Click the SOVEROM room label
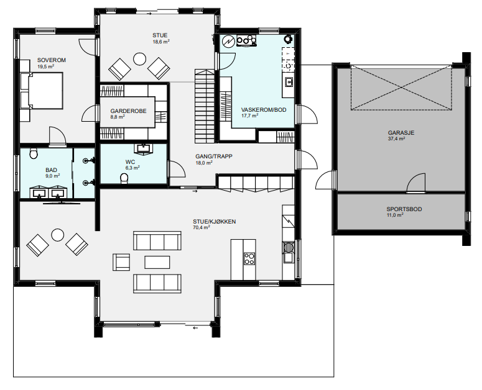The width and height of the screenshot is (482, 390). click(52, 60)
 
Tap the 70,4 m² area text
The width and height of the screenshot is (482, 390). click(202, 227)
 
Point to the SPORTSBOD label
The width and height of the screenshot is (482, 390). click(404, 209)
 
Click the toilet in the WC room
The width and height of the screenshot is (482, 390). click(124, 178)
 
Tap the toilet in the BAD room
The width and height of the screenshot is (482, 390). click(34, 153)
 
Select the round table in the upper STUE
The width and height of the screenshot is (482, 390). click(139, 59)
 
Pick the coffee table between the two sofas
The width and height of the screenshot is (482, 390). click(157, 262)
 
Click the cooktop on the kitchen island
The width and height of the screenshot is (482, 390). click(249, 258)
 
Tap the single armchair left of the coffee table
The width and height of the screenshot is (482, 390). click(121, 262)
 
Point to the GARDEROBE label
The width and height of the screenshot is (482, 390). click(128, 111)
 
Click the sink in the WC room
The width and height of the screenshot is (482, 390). click(143, 148)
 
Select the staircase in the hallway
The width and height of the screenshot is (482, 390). click(205, 106)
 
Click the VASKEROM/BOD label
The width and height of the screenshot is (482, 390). click(264, 110)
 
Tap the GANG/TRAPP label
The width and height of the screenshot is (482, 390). click(214, 156)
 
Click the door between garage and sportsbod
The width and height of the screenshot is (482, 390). click(417, 183)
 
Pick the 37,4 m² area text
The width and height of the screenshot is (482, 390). click(396, 138)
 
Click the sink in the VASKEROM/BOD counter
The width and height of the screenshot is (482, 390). click(289, 82)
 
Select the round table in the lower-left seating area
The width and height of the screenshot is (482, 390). click(57, 235)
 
